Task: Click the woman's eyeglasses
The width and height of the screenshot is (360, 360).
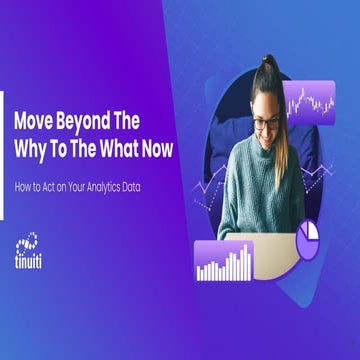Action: click(x=267, y=124)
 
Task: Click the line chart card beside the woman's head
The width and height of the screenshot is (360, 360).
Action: click(x=309, y=99)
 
